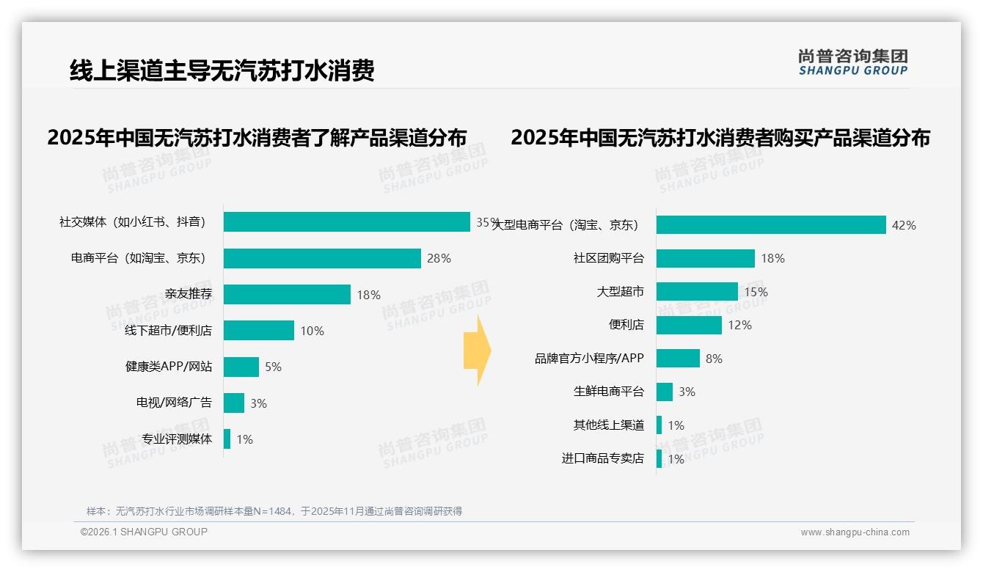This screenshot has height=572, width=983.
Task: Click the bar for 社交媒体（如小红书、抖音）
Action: click(346, 221)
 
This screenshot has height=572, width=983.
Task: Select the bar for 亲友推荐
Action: click(287, 294)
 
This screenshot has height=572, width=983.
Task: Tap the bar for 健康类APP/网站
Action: click(241, 367)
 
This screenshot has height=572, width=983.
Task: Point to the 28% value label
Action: click(439, 258)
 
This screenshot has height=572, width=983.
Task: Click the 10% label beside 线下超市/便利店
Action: click(312, 331)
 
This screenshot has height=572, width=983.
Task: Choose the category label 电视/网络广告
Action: click(174, 403)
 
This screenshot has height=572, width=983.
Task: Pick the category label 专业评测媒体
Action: click(177, 439)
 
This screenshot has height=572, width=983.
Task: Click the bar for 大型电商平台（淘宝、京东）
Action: click(771, 224)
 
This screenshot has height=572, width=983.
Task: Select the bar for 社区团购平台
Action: click(706, 258)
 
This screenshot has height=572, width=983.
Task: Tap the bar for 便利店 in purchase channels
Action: click(689, 325)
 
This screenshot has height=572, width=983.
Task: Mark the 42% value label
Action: click(904, 225)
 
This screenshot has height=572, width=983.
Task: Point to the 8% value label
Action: click(714, 359)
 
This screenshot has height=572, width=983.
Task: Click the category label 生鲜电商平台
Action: click(608, 392)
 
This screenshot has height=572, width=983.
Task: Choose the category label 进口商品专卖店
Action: click(602, 458)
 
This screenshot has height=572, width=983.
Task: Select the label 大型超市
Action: click(620, 292)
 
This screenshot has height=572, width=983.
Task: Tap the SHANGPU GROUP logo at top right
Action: click(852, 62)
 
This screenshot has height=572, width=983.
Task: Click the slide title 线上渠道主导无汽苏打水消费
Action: click(222, 71)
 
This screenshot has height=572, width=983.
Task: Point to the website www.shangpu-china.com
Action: click(855, 532)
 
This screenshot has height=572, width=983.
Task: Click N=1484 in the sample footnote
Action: click(271, 511)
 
